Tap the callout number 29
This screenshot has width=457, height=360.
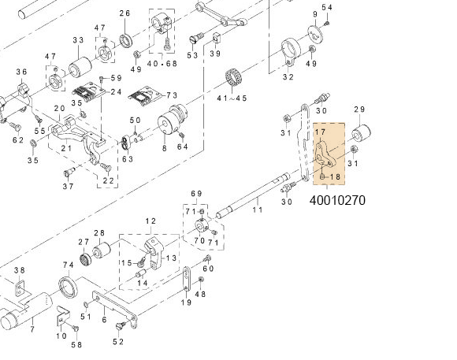point(359,109)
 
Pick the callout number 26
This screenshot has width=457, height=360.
point(124,14)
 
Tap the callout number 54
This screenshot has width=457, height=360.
point(327,8)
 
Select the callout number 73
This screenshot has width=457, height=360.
point(172,95)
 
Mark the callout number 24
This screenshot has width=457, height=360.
point(115,91)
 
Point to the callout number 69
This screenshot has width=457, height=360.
point(196,193)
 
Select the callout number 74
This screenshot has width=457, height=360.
point(69,265)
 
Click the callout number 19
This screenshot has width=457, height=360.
point(186,302)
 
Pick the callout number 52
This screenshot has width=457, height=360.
point(118,341)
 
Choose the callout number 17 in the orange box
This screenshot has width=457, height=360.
point(321,133)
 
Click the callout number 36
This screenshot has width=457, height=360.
point(21,72)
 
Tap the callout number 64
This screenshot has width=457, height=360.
point(182,147)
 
